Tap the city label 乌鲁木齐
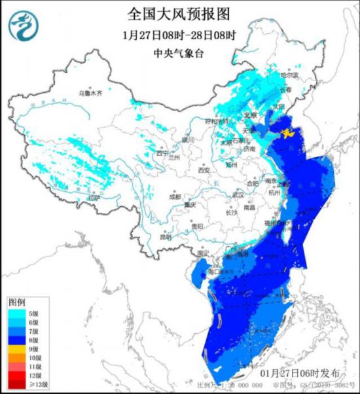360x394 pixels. coord(91,94)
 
